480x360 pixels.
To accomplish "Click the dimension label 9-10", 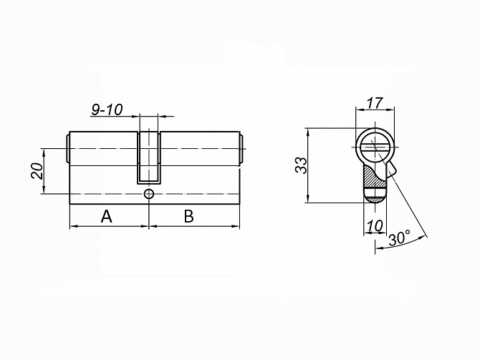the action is pos(107,110).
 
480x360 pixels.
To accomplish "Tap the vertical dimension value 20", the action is pos(37,171).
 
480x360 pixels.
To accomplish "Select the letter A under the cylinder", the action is pos(107,217).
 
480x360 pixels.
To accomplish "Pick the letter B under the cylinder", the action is pos(189,216).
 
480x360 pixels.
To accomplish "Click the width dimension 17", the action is pos(375,103).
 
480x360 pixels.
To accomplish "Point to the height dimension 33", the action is pos(301,165).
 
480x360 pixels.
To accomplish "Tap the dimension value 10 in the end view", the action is pos(375,226).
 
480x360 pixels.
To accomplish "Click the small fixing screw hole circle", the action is pos(149,194).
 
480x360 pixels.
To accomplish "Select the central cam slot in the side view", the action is pos(149,158).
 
